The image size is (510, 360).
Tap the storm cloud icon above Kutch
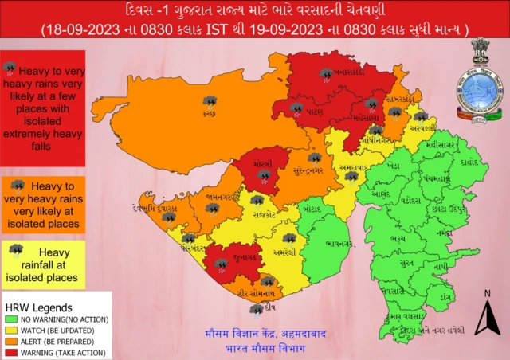point(210,101)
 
